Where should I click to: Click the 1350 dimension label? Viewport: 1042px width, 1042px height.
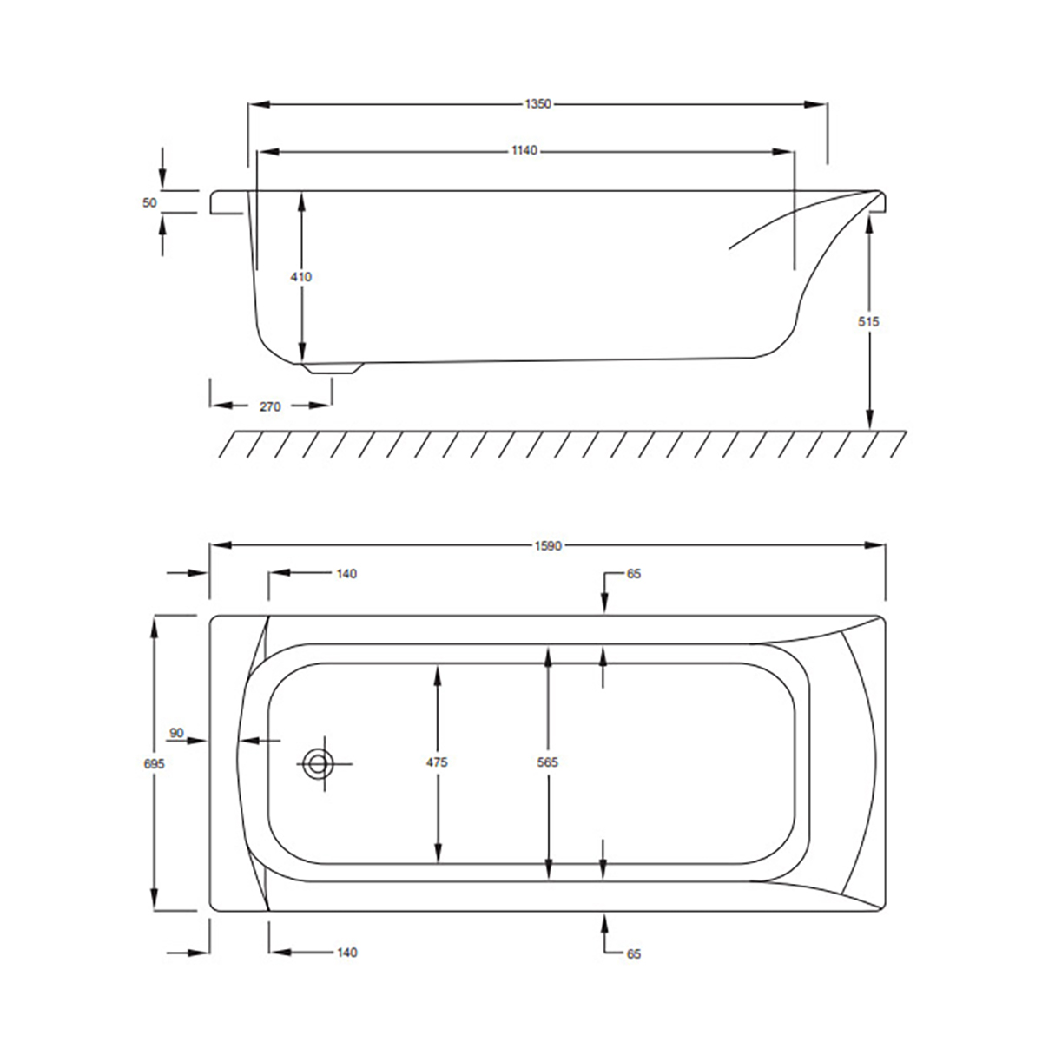tap(537, 104)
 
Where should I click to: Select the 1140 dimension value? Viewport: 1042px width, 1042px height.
tap(524, 150)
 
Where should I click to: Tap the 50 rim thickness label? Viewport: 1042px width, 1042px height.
tap(149, 202)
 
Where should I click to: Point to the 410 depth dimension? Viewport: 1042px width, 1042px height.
tap(301, 277)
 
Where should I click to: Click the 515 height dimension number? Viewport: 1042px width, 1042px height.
tap(868, 322)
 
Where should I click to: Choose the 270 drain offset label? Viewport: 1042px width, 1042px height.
tap(270, 406)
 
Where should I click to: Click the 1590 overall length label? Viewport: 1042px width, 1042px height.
tap(548, 546)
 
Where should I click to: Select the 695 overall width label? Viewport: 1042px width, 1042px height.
tap(154, 764)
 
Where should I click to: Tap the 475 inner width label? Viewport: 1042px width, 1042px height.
tap(437, 762)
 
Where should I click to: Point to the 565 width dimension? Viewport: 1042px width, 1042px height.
tap(548, 762)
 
